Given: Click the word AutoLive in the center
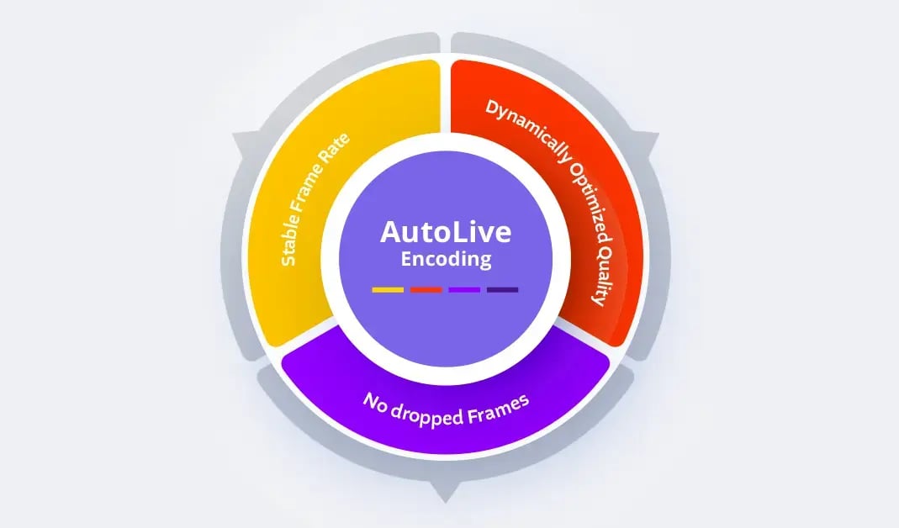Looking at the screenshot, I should click(x=445, y=231).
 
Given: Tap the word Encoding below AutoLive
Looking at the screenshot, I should click(x=445, y=260).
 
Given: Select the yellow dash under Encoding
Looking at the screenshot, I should click(x=388, y=290).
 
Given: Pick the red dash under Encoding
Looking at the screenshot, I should click(x=426, y=290).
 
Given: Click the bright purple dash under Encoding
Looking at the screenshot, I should click(x=464, y=290).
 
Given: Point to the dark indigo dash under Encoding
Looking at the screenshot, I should click(x=503, y=290).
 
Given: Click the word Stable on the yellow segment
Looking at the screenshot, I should click(x=290, y=246).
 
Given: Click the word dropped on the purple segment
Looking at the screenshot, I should click(x=426, y=414).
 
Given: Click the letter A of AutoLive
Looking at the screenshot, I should click(x=390, y=231).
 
